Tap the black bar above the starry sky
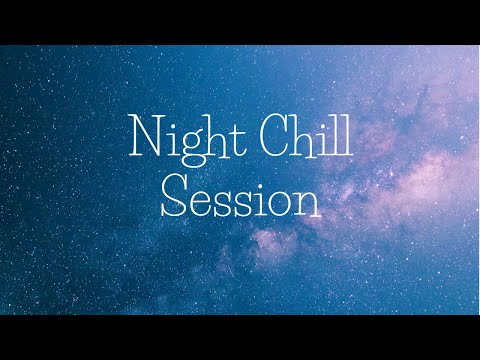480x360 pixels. click(240, 22)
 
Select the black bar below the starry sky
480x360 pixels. click(240, 337)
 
